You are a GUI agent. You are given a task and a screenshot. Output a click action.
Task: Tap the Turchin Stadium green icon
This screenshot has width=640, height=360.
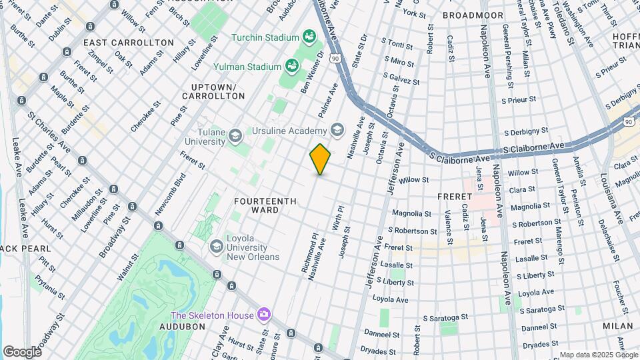[x=309, y=35]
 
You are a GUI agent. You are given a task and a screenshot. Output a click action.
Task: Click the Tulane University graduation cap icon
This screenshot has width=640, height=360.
[x=234, y=137]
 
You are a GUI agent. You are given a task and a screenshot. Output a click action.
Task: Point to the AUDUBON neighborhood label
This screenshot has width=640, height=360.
[x=181, y=327]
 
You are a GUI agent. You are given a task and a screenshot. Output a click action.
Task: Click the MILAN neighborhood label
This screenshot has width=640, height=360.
[x=617, y=326]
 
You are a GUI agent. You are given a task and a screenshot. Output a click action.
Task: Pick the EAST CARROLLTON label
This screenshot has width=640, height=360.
[x=129, y=43]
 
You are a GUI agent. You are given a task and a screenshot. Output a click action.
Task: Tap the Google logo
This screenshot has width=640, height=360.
[x=22, y=351]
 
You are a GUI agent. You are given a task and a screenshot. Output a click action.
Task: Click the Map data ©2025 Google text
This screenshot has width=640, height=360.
[x=597, y=355]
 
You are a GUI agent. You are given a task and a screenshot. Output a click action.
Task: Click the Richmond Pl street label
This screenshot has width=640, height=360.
[x=307, y=254]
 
